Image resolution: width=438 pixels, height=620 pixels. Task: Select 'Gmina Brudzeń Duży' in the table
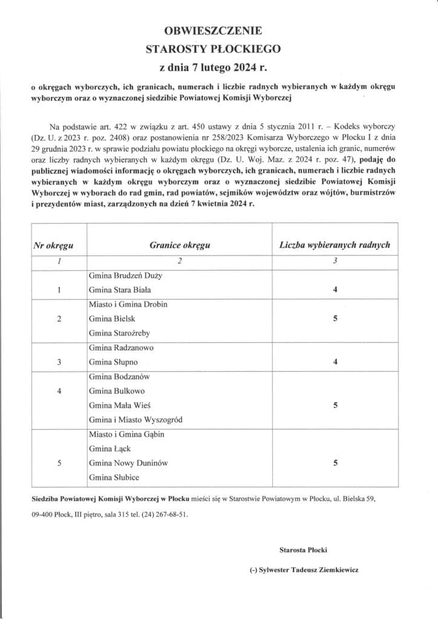point(125,275)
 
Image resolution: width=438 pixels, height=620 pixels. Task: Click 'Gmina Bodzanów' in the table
point(119,377)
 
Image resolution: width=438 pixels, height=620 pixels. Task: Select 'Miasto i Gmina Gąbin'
point(126,435)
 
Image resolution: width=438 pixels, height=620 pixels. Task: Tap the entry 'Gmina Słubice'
point(114,478)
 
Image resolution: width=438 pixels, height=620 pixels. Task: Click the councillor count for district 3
point(335,362)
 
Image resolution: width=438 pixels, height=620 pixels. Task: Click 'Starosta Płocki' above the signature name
point(303,550)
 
